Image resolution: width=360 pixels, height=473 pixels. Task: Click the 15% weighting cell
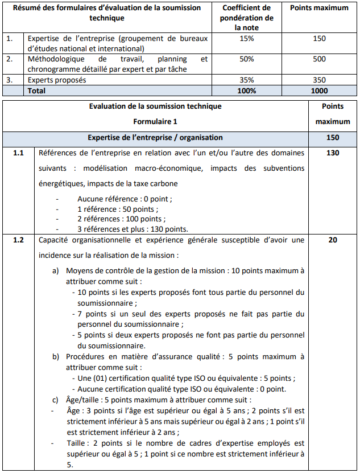pos(246,38)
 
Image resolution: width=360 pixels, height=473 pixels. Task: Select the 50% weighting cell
pos(246,59)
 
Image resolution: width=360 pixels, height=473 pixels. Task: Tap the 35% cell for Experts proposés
pos(246,80)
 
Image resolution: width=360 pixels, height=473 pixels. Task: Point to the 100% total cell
pos(246,91)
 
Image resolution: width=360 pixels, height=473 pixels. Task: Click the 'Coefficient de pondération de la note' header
pos(246,17)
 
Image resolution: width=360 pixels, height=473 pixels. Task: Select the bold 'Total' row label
pos(36,91)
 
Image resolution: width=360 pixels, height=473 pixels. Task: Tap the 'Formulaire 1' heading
pos(155,121)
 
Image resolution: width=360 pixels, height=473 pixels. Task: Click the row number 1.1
pos(19,153)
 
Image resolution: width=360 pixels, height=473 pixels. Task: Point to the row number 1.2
pos(19,240)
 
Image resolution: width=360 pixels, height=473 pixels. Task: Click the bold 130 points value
pos(333,153)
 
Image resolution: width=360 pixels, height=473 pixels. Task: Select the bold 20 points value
pos(333,240)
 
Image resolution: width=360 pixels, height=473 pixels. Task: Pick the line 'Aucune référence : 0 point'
pos(123,199)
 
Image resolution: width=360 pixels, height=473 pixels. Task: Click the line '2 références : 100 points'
pos(121,219)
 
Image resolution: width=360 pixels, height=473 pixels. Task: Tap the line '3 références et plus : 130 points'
pos(133,229)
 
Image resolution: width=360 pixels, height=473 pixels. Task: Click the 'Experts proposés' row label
pos(57,80)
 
